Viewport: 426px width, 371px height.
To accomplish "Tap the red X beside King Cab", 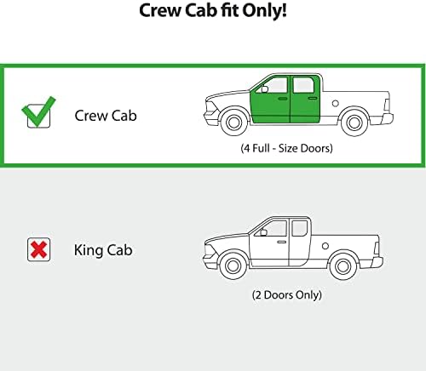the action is pyautogui.click(x=38, y=249).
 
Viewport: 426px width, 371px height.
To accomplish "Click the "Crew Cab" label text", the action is pyautogui.click(x=106, y=116).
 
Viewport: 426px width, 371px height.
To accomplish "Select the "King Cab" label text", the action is pyautogui.click(x=103, y=250).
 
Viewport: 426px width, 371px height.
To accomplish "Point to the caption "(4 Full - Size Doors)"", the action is pyautogui.click(x=286, y=148).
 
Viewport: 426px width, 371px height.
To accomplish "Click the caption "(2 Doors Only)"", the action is pyautogui.click(x=287, y=294).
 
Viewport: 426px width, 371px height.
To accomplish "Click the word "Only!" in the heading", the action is pyautogui.click(x=264, y=11).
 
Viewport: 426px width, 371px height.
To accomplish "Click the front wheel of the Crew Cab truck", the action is pyautogui.click(x=233, y=122).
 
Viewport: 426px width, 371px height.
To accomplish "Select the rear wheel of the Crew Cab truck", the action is pyautogui.click(x=354, y=123).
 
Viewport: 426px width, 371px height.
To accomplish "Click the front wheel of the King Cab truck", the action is pyautogui.click(x=233, y=266).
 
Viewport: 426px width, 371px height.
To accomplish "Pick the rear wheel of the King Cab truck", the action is pyautogui.click(x=343, y=266).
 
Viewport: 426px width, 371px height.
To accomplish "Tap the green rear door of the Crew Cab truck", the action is pyautogui.click(x=305, y=100).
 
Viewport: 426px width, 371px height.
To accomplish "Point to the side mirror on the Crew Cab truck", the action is pyautogui.click(x=264, y=89).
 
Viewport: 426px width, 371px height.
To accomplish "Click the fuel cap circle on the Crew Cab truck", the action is pyautogui.click(x=335, y=103).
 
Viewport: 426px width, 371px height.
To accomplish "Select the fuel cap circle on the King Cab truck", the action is pyautogui.click(x=325, y=246).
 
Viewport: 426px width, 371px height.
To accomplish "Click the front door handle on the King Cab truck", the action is pyautogui.click(x=282, y=242).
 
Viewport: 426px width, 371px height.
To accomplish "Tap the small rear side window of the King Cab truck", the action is pyautogui.click(x=299, y=228).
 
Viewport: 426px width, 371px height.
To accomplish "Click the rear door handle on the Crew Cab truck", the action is pyautogui.click(x=313, y=98).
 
